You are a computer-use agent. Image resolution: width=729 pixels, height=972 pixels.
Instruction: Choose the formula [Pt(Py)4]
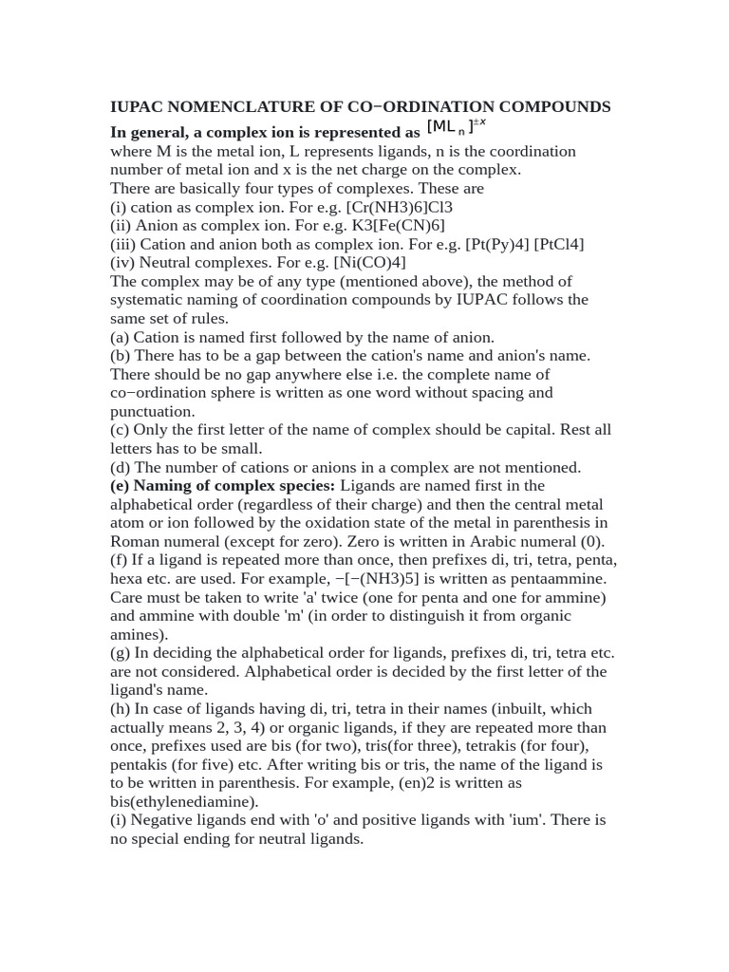496,244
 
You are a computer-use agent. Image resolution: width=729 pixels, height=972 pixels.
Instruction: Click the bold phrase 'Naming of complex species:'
222,486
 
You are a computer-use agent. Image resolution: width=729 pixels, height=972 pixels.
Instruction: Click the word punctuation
152,411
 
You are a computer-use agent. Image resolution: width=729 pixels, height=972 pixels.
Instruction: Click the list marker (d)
121,467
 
